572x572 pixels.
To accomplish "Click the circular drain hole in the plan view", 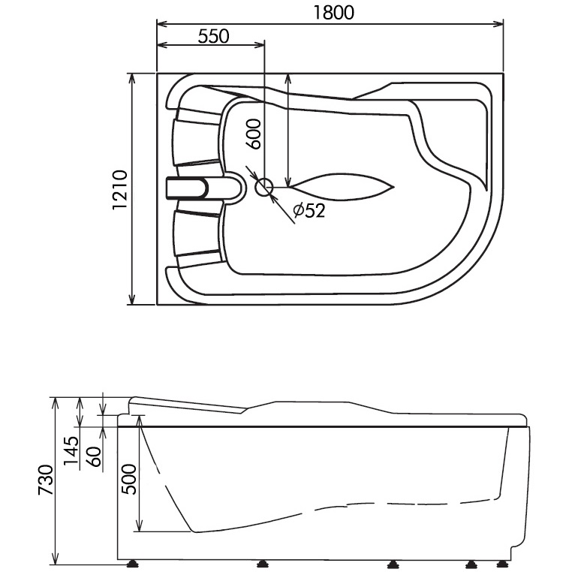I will click(x=264, y=187).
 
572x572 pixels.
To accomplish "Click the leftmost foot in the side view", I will click(x=133, y=561).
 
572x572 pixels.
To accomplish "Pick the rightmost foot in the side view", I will click(x=503, y=561).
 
